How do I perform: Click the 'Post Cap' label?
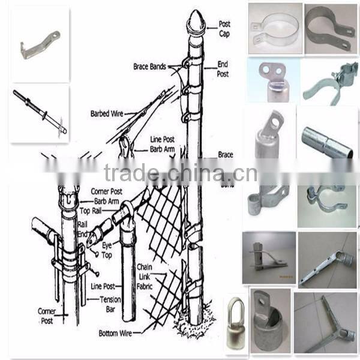(224, 28)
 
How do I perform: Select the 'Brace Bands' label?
(149, 67)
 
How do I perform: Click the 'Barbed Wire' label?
(107, 113)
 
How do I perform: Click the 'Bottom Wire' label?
(118, 332)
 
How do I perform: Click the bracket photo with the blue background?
(272, 80)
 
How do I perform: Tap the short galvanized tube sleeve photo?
(327, 141)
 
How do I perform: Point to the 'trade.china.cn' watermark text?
(180, 173)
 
